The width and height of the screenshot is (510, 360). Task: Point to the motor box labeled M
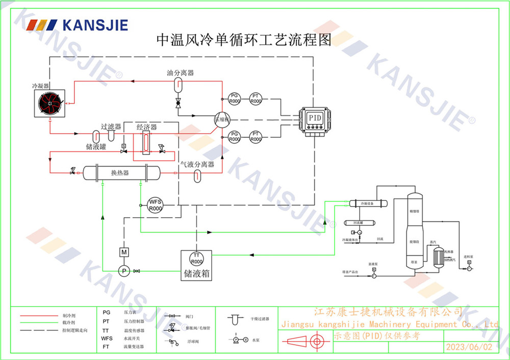pos(123,252)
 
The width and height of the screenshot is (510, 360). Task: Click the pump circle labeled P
pos(123,271)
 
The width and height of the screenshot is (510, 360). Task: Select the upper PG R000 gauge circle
pos(234,98)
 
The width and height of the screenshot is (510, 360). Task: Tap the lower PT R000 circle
pos(256,136)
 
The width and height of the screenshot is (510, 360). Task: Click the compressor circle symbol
pos(222,119)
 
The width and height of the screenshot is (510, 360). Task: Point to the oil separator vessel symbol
pos(178,83)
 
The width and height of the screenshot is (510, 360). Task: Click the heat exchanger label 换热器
pos(120,173)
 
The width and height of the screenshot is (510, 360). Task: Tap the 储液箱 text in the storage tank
pos(196,273)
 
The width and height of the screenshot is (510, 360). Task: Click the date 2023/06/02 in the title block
pos(469,347)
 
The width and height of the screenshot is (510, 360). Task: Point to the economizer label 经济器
pos(146,127)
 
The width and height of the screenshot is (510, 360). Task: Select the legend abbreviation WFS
pos(107,338)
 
